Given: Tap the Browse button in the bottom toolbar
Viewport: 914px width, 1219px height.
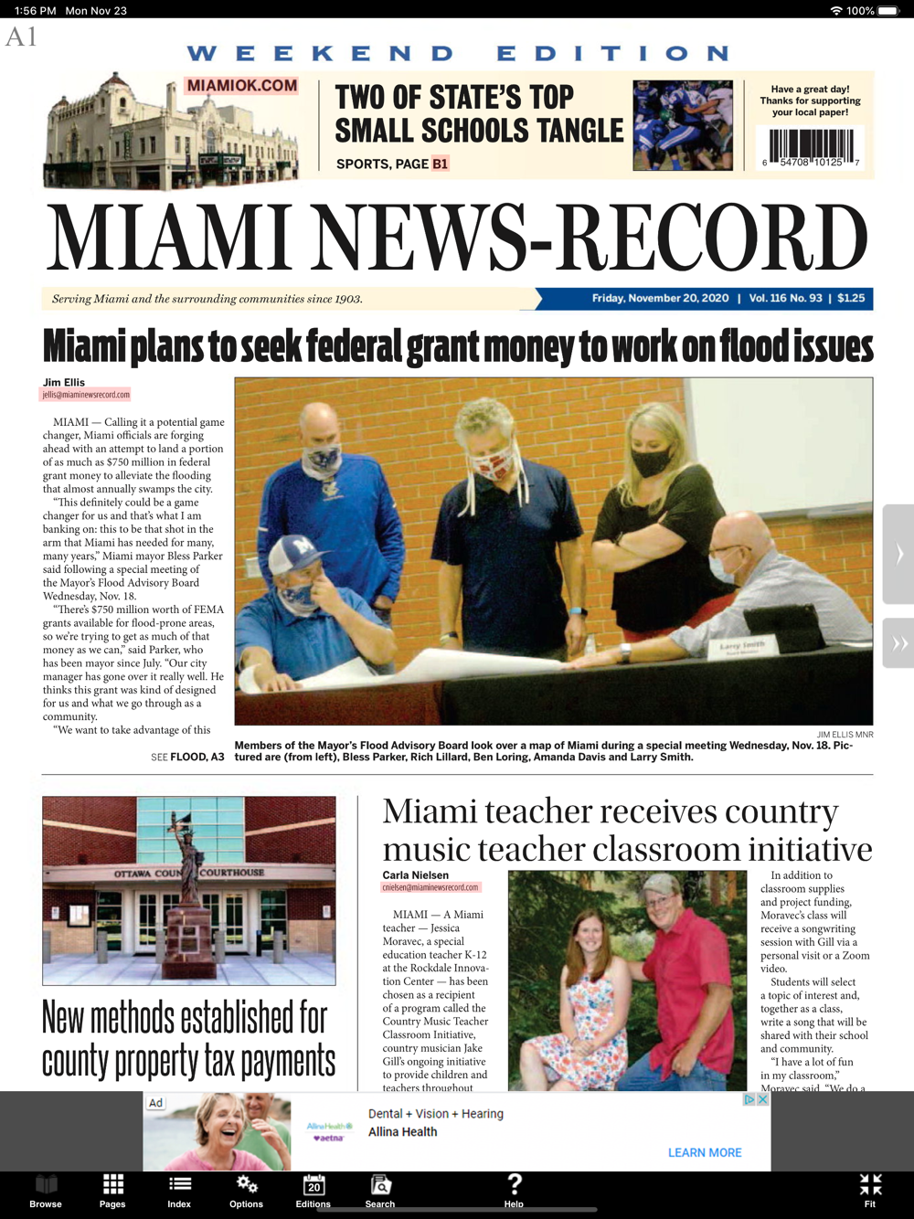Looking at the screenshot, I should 46,1190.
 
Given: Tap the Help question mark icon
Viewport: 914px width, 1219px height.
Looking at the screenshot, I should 515,1188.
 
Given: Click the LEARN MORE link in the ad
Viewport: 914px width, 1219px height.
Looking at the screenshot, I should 705,1152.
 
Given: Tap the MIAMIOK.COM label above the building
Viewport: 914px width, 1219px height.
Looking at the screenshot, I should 242,86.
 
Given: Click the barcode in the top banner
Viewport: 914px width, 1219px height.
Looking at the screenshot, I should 811,147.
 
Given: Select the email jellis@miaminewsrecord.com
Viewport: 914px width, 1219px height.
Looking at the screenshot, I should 86,395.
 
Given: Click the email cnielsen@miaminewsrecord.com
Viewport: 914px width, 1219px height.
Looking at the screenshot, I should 430,887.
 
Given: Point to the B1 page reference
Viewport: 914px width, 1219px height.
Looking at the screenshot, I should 441,164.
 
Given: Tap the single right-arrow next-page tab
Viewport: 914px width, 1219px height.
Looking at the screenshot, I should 899,554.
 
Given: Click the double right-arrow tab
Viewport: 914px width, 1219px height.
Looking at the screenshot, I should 899,643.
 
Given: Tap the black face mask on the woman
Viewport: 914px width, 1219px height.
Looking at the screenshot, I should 650,461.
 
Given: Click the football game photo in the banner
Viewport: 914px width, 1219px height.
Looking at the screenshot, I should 683,125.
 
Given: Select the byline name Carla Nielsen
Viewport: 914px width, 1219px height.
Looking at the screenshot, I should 416,875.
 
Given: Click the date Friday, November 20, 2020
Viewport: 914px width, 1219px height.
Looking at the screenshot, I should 660,299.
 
